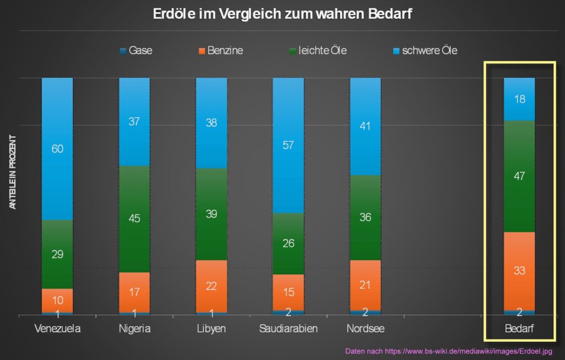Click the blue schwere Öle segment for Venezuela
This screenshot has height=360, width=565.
click(57, 149)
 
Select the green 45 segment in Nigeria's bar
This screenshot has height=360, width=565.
click(134, 219)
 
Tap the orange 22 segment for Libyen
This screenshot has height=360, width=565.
click(211, 286)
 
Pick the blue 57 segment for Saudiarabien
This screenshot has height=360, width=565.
click(288, 145)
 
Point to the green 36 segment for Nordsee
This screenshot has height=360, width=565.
click(365, 218)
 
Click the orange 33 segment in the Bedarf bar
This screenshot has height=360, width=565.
click(519, 271)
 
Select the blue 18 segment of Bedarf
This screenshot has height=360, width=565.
click(519, 99)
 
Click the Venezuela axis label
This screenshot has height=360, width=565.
click(57, 329)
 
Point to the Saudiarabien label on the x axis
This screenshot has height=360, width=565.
click(288, 329)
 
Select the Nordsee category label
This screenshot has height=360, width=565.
click(365, 329)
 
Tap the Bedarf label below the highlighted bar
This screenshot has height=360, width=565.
click(519, 329)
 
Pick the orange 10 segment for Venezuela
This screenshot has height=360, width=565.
click(57, 300)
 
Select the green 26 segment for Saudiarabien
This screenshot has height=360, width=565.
click(288, 243)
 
